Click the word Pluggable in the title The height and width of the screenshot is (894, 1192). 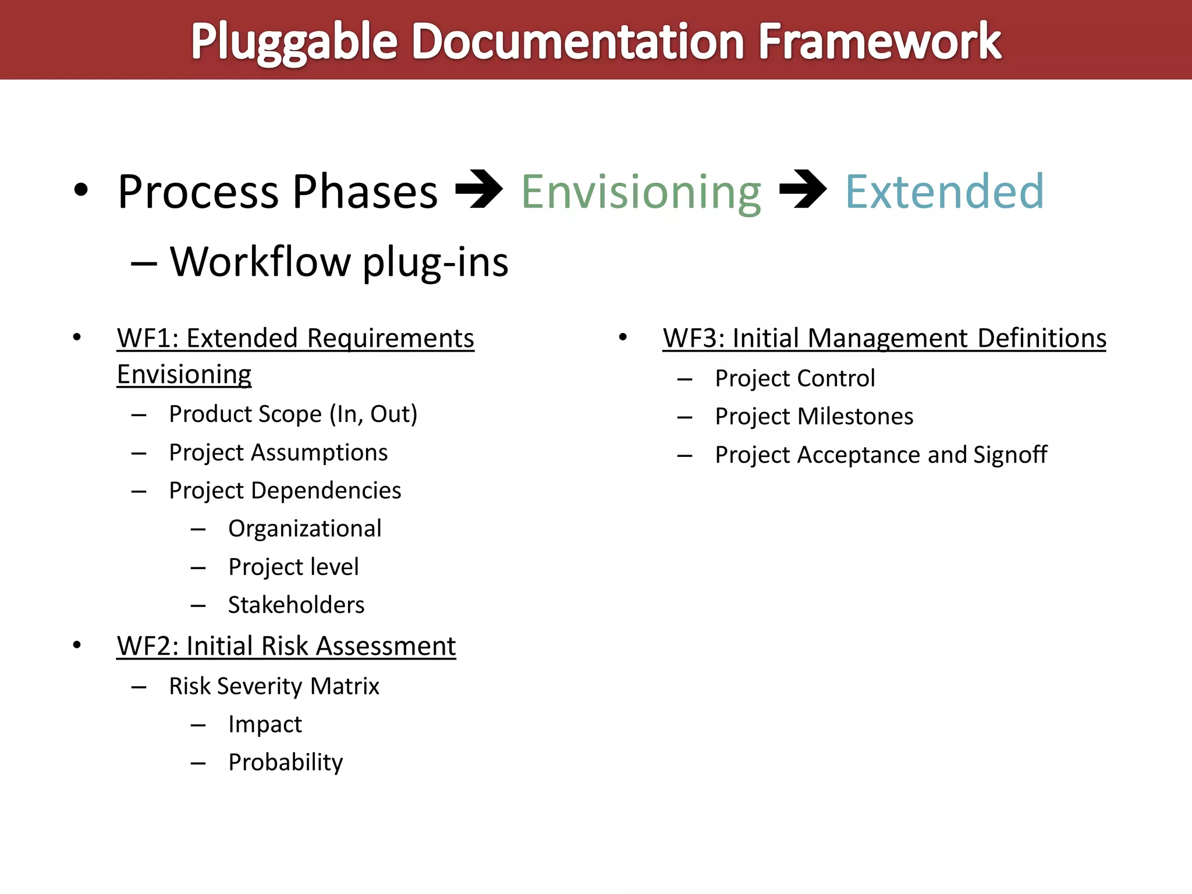tap(294, 42)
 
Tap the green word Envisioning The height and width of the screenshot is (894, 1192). tap(641, 192)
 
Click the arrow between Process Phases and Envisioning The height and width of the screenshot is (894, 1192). tap(478, 189)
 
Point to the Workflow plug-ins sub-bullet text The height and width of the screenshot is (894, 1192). tap(339, 262)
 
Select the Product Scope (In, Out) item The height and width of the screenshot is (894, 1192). tap(293, 414)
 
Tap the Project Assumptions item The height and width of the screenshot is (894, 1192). tap(278, 453)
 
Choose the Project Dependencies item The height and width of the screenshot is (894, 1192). tap(285, 491)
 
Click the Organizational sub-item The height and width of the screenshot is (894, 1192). tap(304, 528)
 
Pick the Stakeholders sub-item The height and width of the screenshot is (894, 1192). tap(296, 605)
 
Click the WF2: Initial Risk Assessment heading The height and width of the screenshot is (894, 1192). tap(286, 646)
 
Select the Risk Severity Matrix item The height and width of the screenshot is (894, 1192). tap(274, 686)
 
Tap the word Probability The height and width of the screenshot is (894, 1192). tap(285, 762)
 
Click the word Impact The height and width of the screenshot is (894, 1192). tap(265, 725)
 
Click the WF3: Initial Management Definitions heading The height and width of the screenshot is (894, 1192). tap(884, 339)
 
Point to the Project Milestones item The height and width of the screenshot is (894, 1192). tap(814, 417)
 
